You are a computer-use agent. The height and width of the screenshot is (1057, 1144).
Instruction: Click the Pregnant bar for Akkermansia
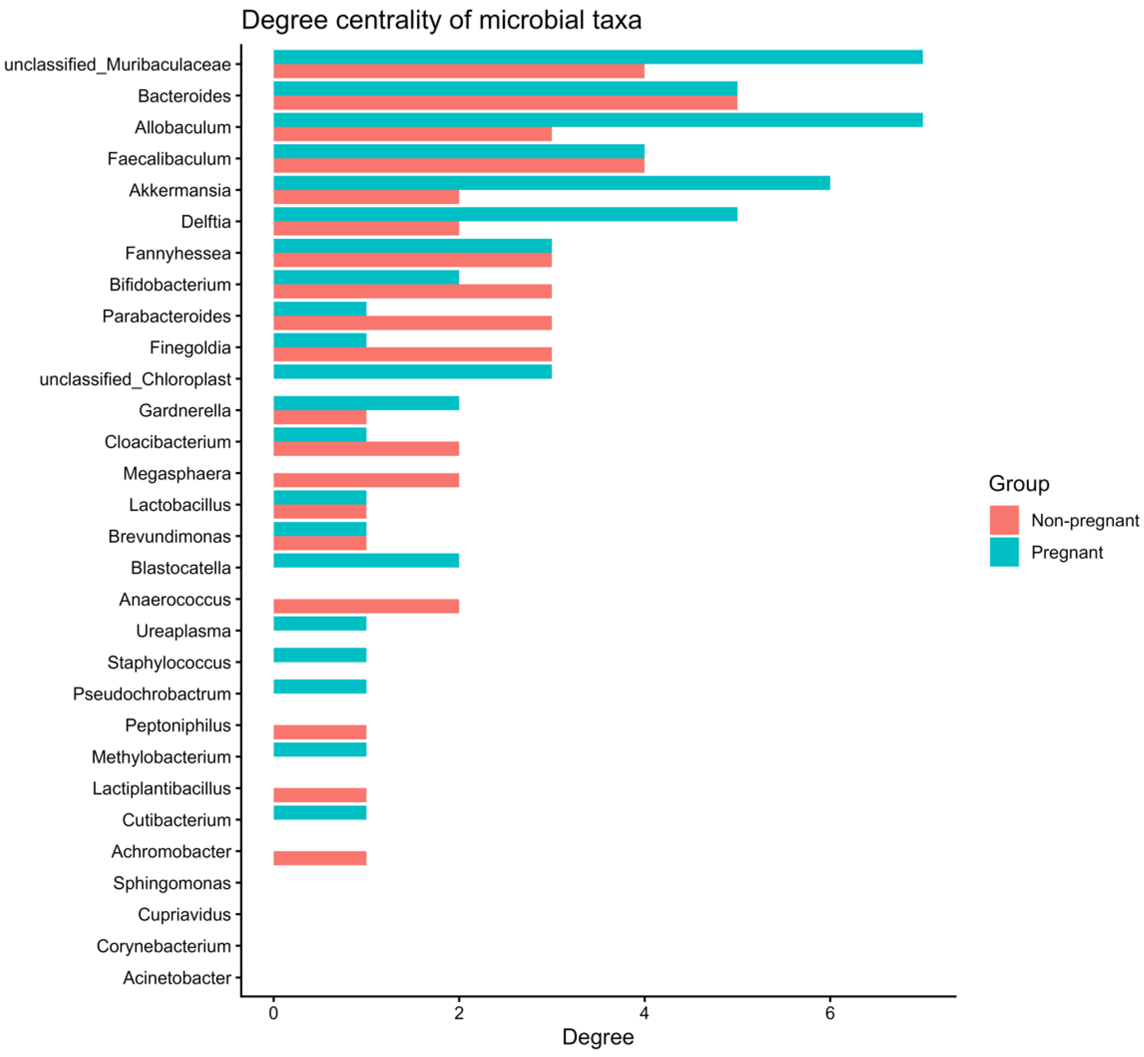pyautogui.click(x=551, y=183)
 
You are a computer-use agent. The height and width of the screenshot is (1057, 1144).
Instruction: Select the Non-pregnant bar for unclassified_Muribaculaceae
pyautogui.click(x=459, y=71)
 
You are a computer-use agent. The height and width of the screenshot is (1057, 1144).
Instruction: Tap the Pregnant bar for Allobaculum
pyautogui.click(x=598, y=120)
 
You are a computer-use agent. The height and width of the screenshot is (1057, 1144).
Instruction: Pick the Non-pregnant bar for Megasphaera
pyautogui.click(x=366, y=480)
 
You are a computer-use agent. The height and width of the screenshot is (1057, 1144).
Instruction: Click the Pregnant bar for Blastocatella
pyautogui.click(x=366, y=560)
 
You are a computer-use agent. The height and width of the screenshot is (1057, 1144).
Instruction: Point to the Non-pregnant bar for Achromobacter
pyautogui.click(x=320, y=858)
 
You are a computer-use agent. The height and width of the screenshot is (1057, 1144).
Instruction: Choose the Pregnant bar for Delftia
pyautogui.click(x=505, y=214)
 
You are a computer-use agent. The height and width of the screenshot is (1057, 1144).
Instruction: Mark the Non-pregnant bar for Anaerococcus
pyautogui.click(x=366, y=606)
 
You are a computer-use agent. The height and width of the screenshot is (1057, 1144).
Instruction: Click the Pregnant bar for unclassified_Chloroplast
pyautogui.click(x=412, y=372)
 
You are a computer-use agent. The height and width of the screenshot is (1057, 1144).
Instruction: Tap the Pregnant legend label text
pyautogui.click(x=1067, y=552)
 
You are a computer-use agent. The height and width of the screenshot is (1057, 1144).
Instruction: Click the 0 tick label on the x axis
pyautogui.click(x=274, y=1014)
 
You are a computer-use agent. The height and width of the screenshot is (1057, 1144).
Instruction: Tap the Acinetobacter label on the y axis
pyautogui.click(x=177, y=978)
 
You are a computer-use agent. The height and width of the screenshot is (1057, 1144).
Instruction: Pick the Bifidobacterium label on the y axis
pyautogui.click(x=170, y=285)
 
